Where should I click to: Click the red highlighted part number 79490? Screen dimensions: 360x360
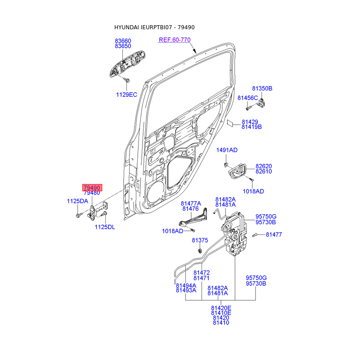(x=92, y=187)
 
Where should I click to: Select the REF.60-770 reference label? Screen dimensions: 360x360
(x=175, y=40)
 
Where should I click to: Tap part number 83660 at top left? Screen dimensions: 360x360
(x=123, y=40)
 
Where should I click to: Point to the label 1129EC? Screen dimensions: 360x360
(x=126, y=94)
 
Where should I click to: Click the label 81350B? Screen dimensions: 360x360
(x=262, y=89)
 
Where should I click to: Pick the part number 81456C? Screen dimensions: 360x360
(x=247, y=98)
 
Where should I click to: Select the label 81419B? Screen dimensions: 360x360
(x=252, y=127)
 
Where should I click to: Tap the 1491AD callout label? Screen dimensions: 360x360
(x=227, y=150)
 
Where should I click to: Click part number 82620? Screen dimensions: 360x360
(x=264, y=166)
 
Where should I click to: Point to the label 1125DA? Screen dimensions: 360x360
(x=77, y=201)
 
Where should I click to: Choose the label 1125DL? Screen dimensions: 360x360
(x=105, y=227)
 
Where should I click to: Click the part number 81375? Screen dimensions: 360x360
(x=200, y=240)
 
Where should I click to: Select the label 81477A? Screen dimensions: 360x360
(x=191, y=203)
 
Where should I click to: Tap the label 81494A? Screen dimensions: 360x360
(x=186, y=285)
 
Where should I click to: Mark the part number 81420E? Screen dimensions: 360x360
(x=221, y=308)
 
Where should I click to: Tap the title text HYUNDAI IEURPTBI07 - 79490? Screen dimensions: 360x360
(x=154, y=27)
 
